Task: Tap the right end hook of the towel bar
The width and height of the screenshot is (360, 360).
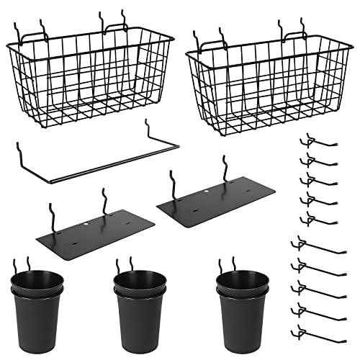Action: [x=148, y=130]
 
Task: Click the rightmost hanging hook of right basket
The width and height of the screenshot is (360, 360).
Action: [x=302, y=29]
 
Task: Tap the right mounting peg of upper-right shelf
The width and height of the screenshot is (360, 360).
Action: [x=225, y=167]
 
